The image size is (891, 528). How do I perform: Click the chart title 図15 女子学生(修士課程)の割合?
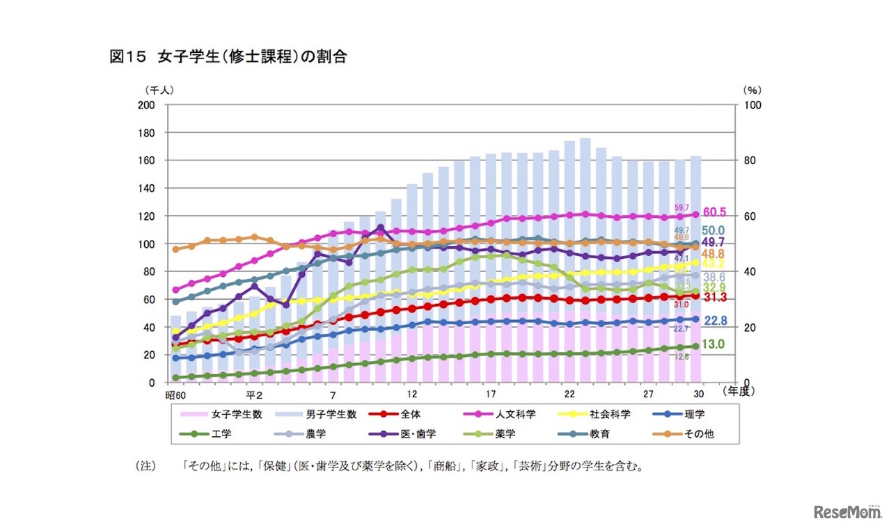click(x=228, y=57)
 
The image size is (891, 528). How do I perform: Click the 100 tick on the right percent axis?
click(x=754, y=105)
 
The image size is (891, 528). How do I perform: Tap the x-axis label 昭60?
click(x=175, y=394)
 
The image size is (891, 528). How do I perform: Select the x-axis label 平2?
click(x=253, y=394)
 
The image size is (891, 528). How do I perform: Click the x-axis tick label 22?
click(x=569, y=394)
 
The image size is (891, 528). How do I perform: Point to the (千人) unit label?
click(x=159, y=90)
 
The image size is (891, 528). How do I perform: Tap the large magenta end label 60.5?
click(x=715, y=212)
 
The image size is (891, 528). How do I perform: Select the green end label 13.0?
click(x=713, y=344)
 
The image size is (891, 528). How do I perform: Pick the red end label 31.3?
click(x=715, y=297)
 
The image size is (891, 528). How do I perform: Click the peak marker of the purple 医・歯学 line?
click(x=380, y=227)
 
